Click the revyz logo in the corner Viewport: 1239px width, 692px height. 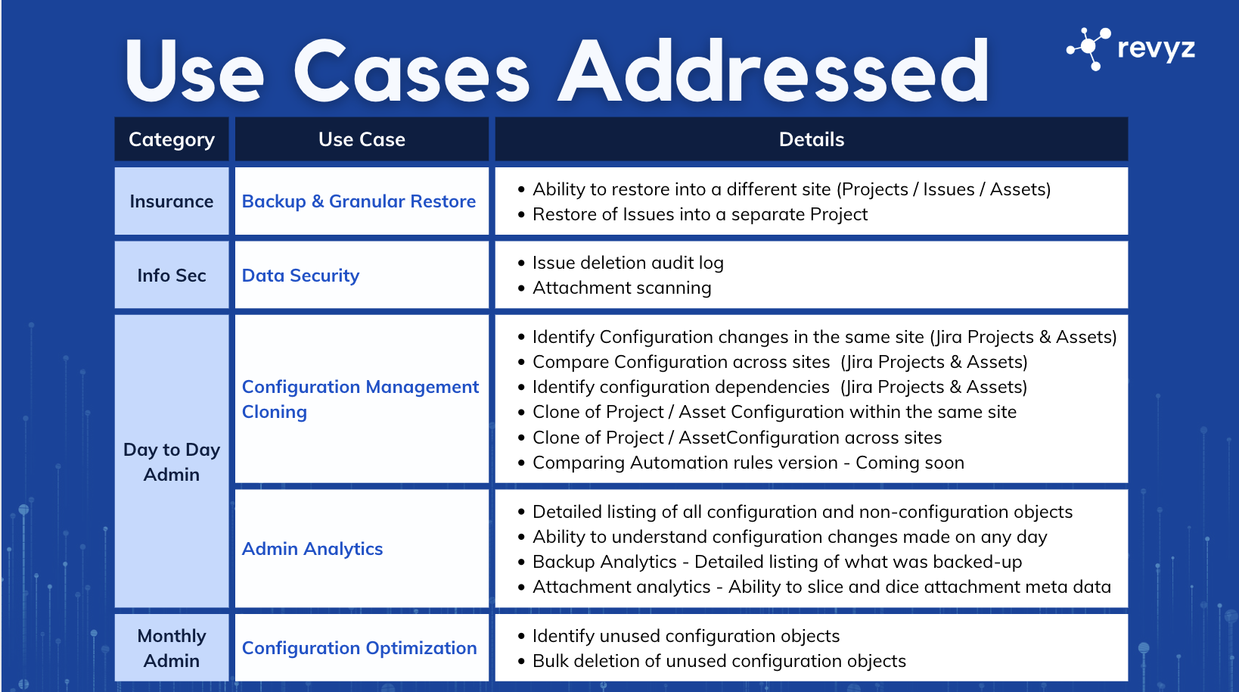tap(1130, 48)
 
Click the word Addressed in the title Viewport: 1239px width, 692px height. tap(773, 72)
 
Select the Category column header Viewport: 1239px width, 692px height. tap(172, 139)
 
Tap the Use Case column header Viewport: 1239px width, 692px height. tap(362, 139)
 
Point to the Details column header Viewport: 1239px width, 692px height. tap(811, 139)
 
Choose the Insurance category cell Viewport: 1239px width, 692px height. tap(172, 201)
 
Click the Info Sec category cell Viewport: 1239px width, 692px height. tap(172, 276)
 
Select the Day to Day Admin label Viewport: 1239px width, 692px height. tap(172, 462)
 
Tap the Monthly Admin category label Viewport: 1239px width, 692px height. tap(172, 648)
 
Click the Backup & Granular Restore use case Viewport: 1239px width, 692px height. tap(359, 201)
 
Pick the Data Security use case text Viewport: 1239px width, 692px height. tap(300, 276)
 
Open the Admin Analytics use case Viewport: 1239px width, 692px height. tap(312, 549)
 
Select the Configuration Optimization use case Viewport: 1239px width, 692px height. tap(359, 648)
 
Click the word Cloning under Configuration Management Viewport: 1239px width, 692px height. tap(275, 412)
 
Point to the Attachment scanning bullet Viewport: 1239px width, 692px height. tap(622, 288)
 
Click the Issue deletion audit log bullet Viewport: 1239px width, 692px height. tap(628, 263)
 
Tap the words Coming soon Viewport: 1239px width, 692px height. tap(910, 463)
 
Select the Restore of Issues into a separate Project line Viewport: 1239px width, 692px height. tap(700, 214)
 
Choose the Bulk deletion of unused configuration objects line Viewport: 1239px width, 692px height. tap(719, 661)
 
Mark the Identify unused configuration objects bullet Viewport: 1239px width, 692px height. tap(686, 636)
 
